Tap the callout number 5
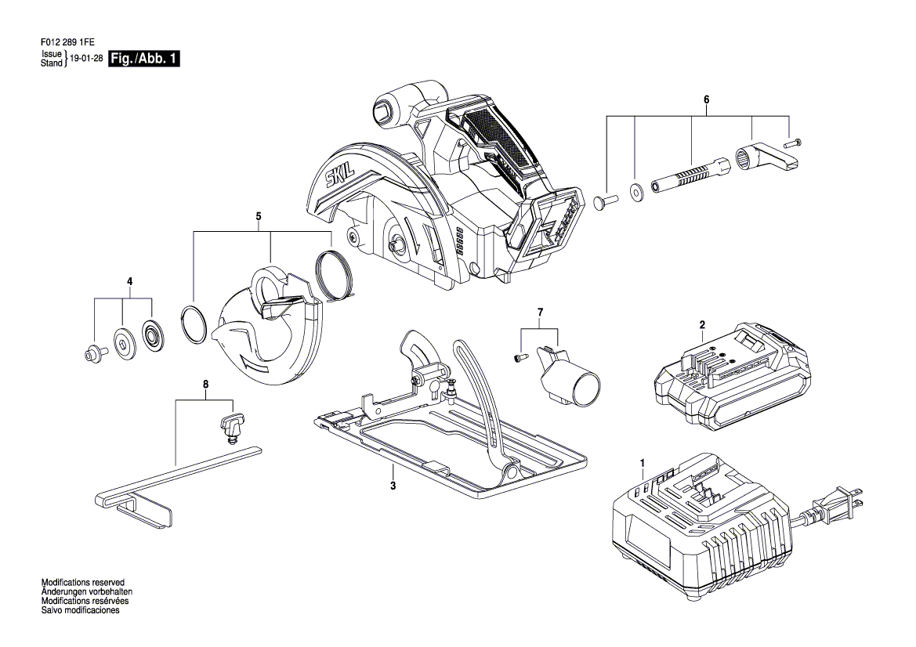[258, 215]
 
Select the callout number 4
[130, 281]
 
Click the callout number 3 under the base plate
[393, 486]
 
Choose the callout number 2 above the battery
[702, 323]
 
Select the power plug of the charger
[838, 504]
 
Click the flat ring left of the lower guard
[194, 324]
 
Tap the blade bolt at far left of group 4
[94, 354]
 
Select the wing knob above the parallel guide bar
[231, 425]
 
